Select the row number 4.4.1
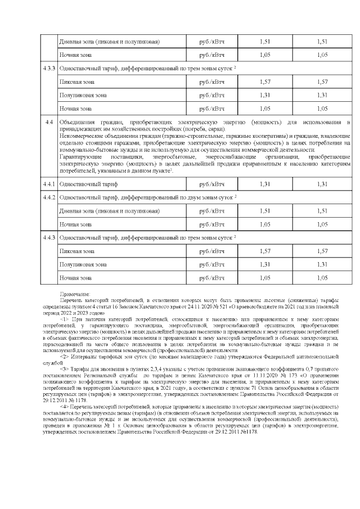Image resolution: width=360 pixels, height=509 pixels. tap(48, 184)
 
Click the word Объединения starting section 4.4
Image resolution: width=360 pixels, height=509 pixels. tap(78, 122)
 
